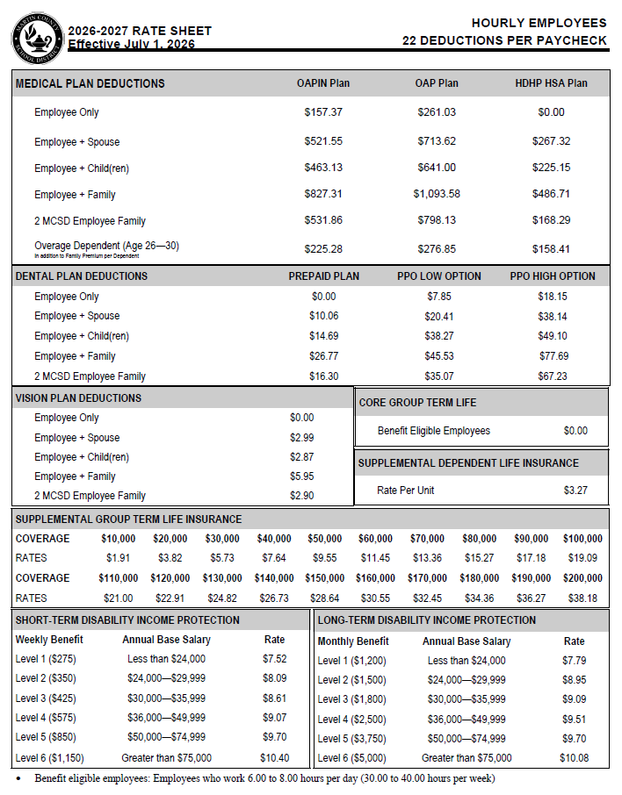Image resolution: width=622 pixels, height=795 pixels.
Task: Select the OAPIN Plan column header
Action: click(323, 83)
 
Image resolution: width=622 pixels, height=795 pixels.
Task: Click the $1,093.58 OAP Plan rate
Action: click(437, 194)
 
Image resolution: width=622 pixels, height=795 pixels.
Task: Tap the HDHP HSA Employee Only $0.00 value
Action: click(551, 112)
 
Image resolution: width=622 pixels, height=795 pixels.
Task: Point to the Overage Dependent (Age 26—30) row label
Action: click(106, 246)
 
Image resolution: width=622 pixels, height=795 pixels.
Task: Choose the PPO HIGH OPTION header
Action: click(553, 276)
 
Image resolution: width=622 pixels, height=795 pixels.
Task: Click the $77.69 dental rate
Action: click(553, 356)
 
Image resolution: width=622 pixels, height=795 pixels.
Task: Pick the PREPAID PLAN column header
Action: click(323, 276)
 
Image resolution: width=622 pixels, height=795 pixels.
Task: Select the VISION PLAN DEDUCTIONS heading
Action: click(78, 397)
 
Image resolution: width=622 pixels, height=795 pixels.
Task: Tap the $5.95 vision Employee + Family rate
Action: click(301, 476)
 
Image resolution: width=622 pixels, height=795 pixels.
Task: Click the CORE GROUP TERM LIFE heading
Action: click(418, 402)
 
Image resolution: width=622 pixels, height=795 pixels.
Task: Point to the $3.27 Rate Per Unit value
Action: click(575, 491)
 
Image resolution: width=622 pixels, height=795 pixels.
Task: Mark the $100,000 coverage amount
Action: click(582, 539)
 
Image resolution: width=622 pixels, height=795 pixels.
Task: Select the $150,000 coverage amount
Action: click(325, 578)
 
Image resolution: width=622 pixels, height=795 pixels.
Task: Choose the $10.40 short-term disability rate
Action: click(274, 757)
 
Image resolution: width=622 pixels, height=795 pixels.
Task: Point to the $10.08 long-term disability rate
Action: click(575, 758)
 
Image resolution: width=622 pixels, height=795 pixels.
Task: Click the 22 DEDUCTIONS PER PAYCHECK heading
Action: click(504, 40)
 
